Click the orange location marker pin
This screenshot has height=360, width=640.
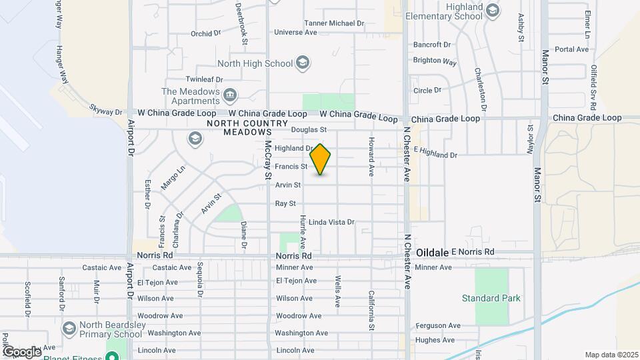coord(321,159)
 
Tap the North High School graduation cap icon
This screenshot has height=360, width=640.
coord(303,63)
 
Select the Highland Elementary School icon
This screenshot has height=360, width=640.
coord(492,11)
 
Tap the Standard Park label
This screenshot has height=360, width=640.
coord(491,298)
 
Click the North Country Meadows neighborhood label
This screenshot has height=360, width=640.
coord(231,128)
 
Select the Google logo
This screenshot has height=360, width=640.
coord(21,351)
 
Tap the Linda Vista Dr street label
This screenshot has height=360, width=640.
coord(331,222)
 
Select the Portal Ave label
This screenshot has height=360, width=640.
coord(572,49)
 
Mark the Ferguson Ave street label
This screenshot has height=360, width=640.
coord(437,325)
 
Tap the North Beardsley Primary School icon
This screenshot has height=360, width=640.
coord(69,329)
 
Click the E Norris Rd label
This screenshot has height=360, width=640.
coord(473,251)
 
